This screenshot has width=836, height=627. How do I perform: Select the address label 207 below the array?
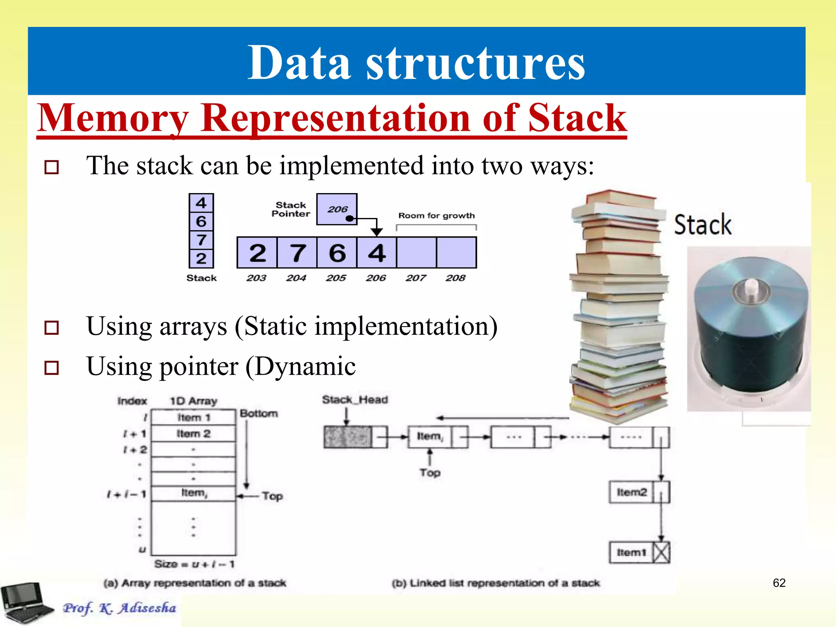pyautogui.click(x=415, y=278)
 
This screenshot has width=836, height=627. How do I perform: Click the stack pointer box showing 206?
pyautogui.click(x=337, y=209)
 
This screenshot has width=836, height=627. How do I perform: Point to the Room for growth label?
pyautogui.click(x=436, y=216)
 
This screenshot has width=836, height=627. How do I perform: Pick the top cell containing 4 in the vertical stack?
pyautogui.click(x=201, y=203)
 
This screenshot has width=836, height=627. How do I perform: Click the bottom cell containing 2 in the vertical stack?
pyautogui.click(x=201, y=259)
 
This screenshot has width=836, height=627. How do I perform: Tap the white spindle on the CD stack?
pyautogui.click(x=750, y=288)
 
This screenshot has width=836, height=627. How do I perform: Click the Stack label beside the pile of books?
pyautogui.click(x=703, y=225)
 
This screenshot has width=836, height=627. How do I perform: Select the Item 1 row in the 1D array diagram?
pyautogui.click(x=193, y=418)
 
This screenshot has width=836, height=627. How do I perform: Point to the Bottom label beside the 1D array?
pyautogui.click(x=259, y=414)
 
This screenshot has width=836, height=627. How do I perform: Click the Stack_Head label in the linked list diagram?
pyautogui.click(x=355, y=400)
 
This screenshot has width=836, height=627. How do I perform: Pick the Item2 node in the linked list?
pyautogui.click(x=631, y=492)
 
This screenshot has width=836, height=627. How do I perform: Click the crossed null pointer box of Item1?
pyautogui.click(x=661, y=553)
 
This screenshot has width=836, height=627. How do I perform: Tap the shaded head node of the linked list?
pyautogui.click(x=347, y=437)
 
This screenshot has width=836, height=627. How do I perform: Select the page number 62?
pyautogui.click(x=779, y=583)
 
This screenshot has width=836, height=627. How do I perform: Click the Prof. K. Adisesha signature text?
pyautogui.click(x=119, y=608)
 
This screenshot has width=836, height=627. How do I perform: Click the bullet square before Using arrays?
pyautogui.click(x=51, y=327)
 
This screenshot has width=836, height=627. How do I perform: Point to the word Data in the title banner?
pyautogui.click(x=299, y=63)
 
